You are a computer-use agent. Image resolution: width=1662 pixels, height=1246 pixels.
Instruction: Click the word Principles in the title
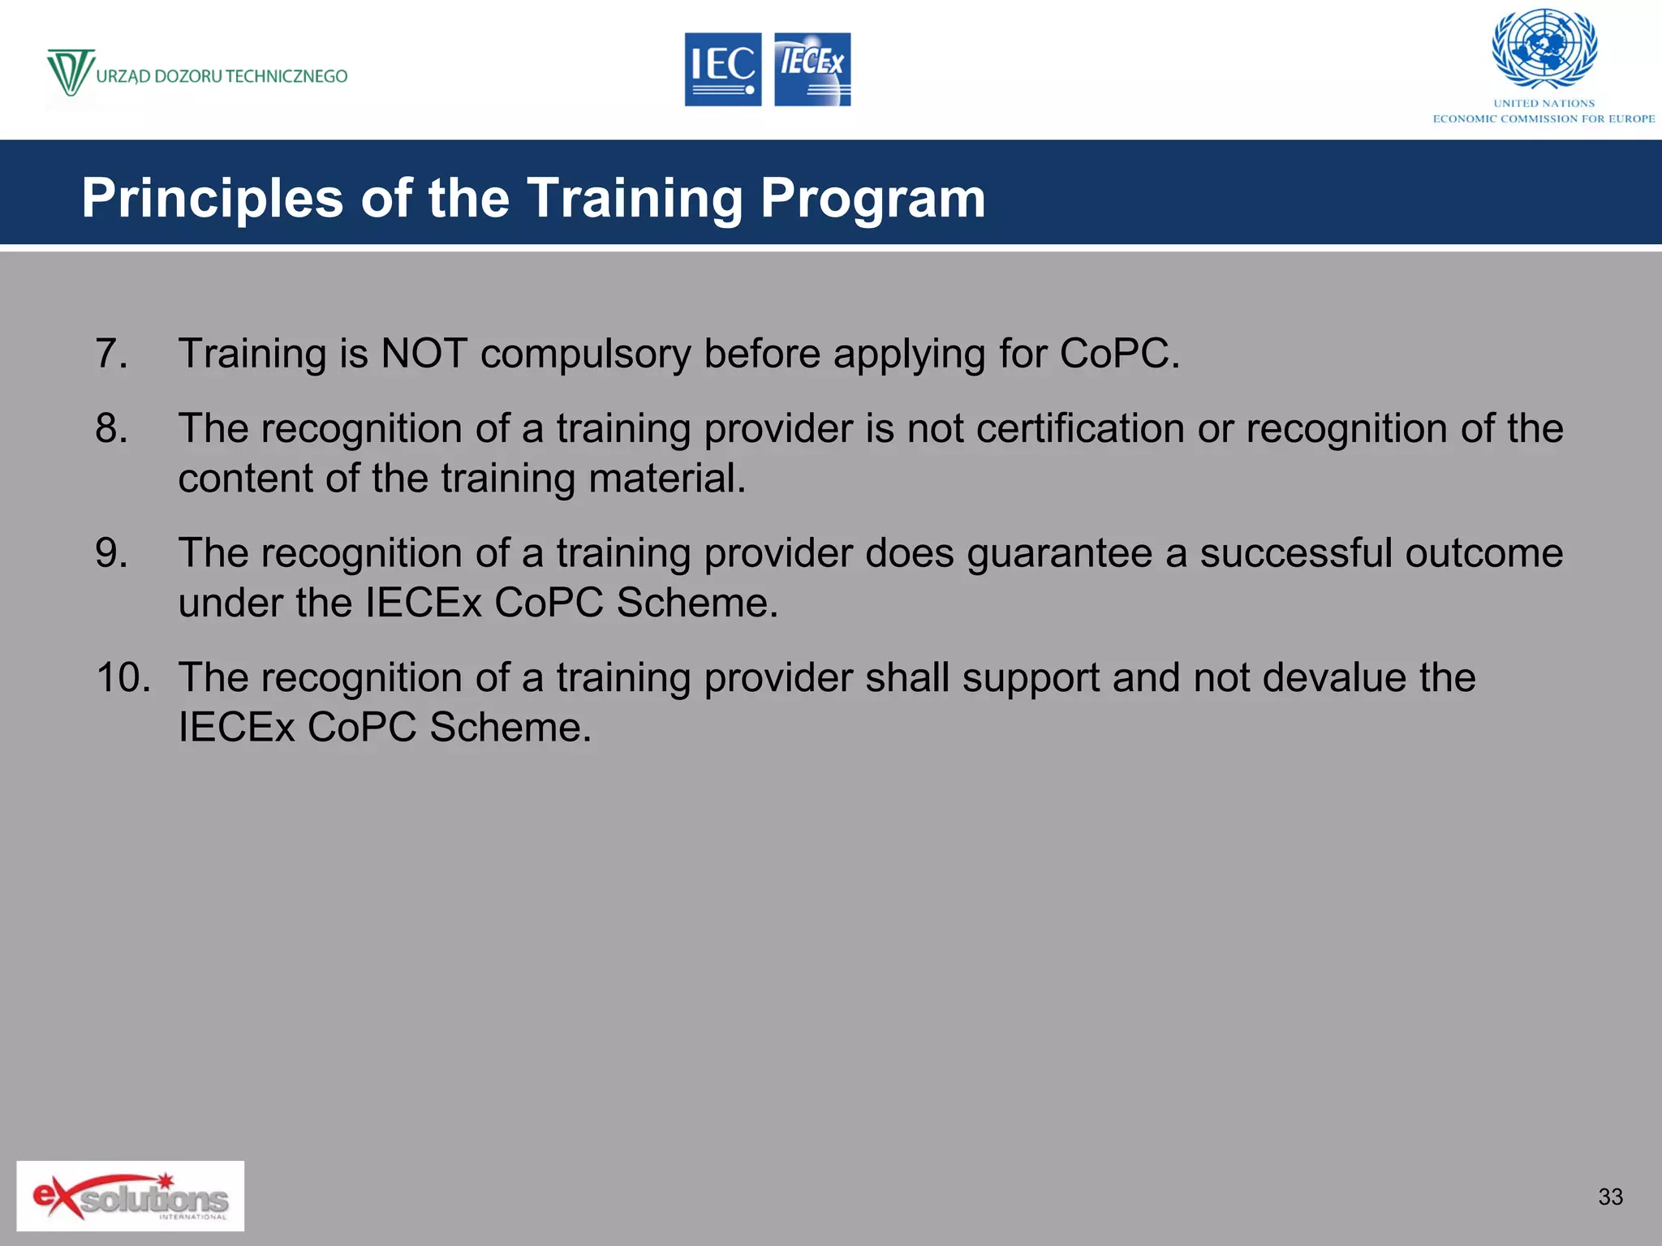coord(213,199)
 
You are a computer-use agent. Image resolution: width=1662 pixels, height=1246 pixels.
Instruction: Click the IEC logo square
coord(722,70)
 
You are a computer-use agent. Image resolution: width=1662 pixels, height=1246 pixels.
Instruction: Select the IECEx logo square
coord(812,70)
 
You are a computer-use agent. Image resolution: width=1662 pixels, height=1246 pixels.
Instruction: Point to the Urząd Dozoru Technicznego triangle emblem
coord(70,71)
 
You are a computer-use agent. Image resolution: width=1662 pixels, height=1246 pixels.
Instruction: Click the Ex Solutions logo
coord(130,1196)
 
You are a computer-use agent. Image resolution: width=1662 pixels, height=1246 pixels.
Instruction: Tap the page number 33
coord(1610,1197)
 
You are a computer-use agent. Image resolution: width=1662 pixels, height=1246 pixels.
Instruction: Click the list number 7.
coord(111,354)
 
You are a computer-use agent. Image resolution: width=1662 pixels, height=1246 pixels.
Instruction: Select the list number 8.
coord(111,428)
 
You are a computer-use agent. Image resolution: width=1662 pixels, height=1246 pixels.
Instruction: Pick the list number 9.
coord(111,553)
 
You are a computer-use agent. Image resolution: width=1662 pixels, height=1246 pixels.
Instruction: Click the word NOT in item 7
coord(424,354)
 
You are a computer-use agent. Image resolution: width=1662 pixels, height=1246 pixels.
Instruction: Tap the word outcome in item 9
coord(1483,553)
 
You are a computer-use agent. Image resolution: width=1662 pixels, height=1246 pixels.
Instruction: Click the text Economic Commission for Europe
coord(1544,119)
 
